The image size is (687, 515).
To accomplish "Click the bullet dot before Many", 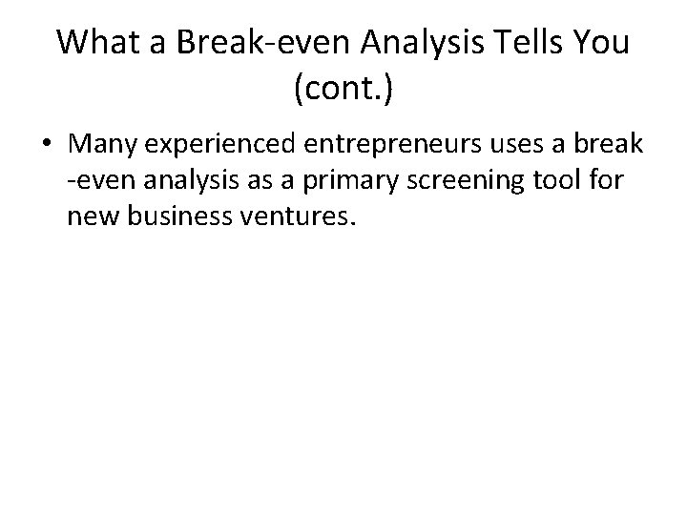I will (x=46, y=146).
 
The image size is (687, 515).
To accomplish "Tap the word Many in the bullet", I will (x=100, y=146).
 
